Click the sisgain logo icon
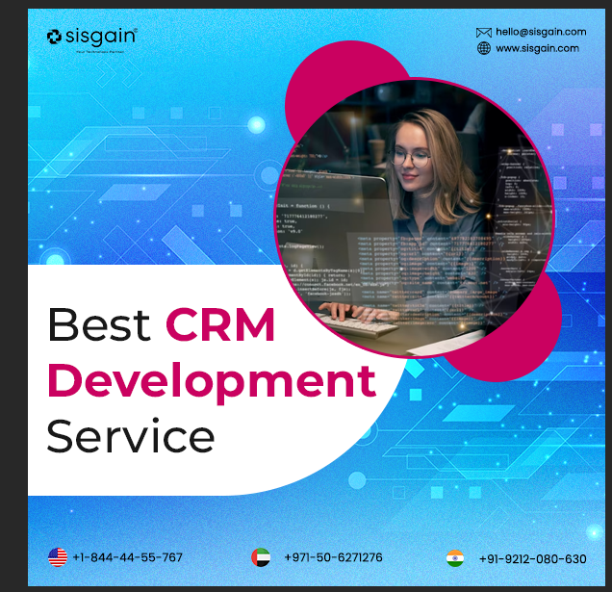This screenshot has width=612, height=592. pos(54,37)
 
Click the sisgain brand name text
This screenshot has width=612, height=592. pos(101,37)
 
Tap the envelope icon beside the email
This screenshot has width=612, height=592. pos(484,33)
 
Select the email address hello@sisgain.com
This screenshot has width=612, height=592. pos(541,33)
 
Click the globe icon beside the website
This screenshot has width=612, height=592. pos(484,48)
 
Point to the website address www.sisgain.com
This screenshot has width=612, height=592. pos(537,48)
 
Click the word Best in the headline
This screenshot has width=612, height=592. pos(99,325)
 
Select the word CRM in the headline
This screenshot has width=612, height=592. pos(220,325)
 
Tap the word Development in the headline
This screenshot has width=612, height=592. pos(211,380)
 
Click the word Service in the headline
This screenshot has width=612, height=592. pos(131,435)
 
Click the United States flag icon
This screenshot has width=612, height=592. pos(58,557)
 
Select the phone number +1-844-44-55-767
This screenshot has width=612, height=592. pos(128,557)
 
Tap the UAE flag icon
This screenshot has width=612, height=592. pos(261,557)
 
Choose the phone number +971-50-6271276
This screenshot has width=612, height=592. pos(333,557)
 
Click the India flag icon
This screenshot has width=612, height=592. pos(455,558)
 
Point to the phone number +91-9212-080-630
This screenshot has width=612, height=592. pos(532,558)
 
